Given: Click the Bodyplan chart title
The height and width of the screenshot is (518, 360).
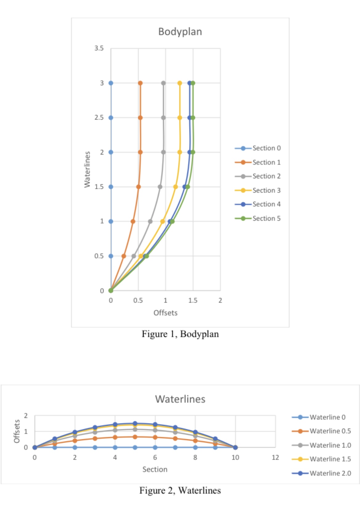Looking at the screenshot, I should pos(180,32).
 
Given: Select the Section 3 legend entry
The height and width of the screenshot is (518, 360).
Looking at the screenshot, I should pos(266,190).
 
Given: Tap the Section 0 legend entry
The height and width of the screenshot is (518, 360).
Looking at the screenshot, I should pos(266,148).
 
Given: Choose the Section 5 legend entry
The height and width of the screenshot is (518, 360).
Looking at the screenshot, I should pos(266,218).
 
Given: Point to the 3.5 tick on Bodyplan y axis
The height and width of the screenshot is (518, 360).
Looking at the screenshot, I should pos(99,48).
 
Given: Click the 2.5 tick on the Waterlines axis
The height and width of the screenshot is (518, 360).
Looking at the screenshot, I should pos(99,118).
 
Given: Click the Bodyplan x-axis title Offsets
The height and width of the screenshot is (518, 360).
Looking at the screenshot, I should pos(165,313).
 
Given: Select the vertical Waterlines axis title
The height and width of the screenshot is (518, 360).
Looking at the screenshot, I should pos(87,169).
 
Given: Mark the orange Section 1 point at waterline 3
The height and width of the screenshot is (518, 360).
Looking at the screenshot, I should pos(140,83).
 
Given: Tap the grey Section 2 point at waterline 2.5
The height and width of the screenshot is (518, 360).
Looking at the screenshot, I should pos(163,118).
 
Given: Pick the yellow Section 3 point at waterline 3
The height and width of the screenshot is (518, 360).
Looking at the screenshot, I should pos(180,83).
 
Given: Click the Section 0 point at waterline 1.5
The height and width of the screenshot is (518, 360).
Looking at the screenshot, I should pos(111,187).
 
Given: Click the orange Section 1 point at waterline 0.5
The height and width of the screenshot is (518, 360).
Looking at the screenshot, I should pos(124,256).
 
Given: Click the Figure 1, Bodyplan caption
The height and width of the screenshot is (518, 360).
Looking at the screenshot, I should pos(180,334).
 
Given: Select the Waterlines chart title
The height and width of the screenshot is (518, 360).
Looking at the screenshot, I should pos(180,399).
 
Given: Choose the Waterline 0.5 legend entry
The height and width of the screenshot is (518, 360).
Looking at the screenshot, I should pos(330,431).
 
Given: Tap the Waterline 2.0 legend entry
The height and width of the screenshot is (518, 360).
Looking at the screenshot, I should pos(330,473).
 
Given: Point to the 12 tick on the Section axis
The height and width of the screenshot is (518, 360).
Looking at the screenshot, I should pos(275,458).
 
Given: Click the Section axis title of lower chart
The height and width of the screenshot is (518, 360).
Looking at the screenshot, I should pos(155,469).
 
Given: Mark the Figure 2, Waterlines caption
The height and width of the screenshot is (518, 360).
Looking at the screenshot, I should pos(180,490).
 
